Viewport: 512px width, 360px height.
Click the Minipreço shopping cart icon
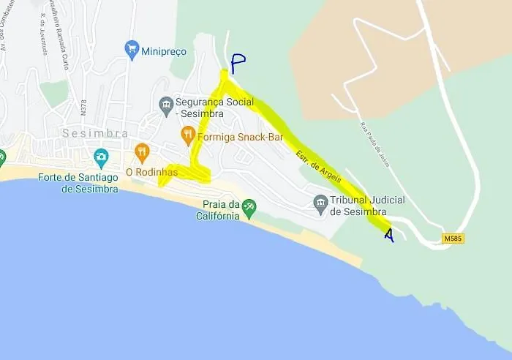point(132,50)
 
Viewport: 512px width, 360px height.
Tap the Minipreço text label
point(165,51)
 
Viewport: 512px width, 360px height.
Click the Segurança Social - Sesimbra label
point(214,108)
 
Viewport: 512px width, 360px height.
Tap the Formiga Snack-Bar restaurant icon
point(188,134)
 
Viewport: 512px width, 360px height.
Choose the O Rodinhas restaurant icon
point(142,152)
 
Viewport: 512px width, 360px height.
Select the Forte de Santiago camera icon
point(101,157)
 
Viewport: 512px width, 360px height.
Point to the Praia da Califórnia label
point(218,210)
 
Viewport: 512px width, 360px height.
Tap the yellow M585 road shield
point(453,238)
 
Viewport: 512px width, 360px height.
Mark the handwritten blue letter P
point(237,64)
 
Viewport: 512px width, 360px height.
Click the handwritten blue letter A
point(388,234)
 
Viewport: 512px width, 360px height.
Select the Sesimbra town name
point(95,133)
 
